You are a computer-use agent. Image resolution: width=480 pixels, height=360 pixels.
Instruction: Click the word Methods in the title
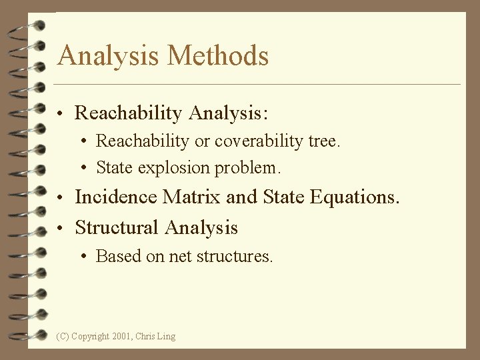click(218, 55)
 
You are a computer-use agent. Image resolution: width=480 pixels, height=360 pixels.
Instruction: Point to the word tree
click(324, 141)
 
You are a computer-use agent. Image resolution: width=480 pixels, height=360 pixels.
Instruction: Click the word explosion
click(165, 167)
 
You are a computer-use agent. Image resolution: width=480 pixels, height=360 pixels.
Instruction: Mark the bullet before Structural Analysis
click(61, 229)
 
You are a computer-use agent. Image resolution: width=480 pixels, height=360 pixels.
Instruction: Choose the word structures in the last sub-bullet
click(240, 256)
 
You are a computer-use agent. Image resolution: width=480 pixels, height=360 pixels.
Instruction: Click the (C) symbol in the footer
click(63, 337)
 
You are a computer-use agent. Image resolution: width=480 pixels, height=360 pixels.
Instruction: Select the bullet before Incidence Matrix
click(61, 199)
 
